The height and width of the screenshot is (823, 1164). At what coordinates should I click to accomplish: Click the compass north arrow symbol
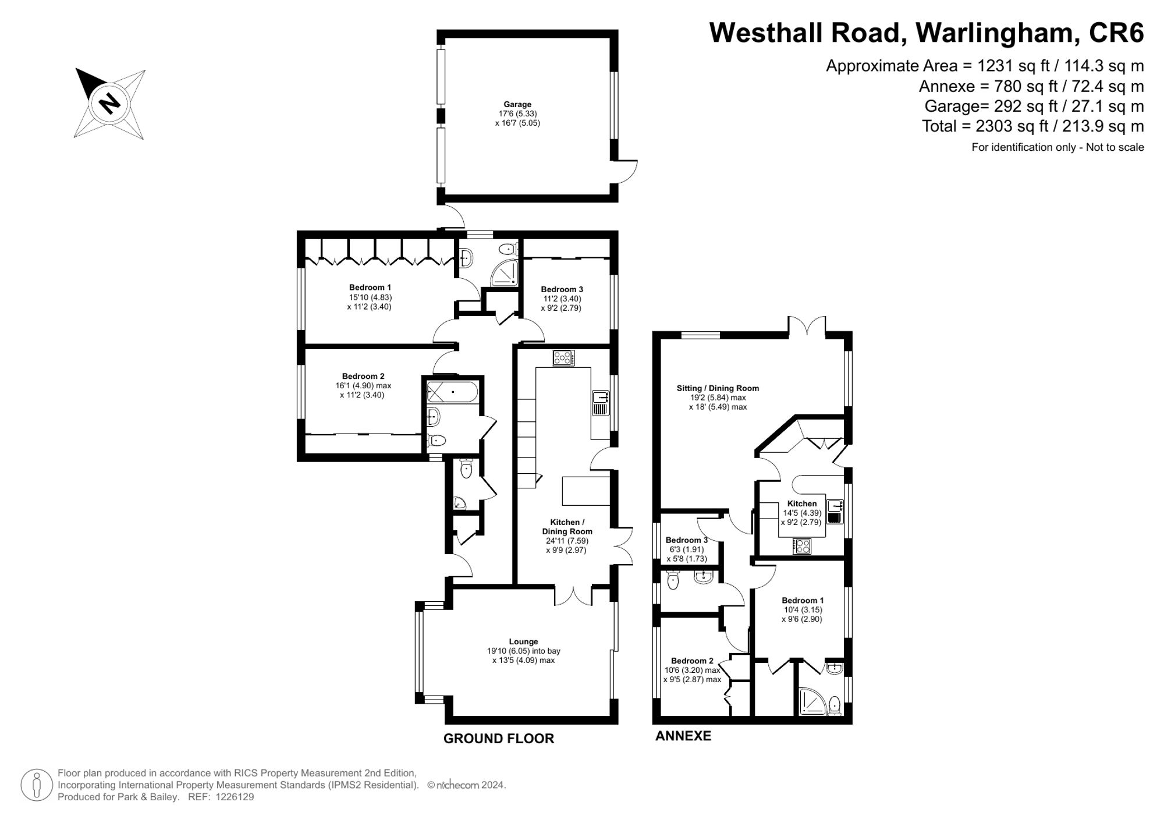pos(109,104)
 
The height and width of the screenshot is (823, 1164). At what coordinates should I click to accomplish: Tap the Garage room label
pos(517,105)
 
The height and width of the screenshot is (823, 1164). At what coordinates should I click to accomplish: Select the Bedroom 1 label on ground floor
pos(370,287)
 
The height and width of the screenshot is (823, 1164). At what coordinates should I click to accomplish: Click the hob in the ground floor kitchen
pos(563,358)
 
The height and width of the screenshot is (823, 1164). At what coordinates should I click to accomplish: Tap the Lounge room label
pos(523,641)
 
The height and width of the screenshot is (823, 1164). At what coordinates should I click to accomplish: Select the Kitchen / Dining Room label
pos(567,527)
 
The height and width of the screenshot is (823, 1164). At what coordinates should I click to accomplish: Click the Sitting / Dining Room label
pos(717,388)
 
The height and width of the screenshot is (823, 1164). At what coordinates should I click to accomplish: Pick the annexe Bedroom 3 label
pos(686,540)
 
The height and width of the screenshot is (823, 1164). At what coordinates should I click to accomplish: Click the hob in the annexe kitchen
pos(802,546)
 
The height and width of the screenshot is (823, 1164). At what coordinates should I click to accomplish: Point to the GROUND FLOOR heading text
pos(498,739)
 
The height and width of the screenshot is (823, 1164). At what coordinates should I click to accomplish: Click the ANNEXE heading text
pos(683,736)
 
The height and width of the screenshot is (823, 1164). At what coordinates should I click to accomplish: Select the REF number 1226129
pos(235,797)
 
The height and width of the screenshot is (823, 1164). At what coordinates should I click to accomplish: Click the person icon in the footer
pos(37,785)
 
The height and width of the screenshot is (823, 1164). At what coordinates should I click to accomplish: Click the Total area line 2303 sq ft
pos(1032,126)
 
